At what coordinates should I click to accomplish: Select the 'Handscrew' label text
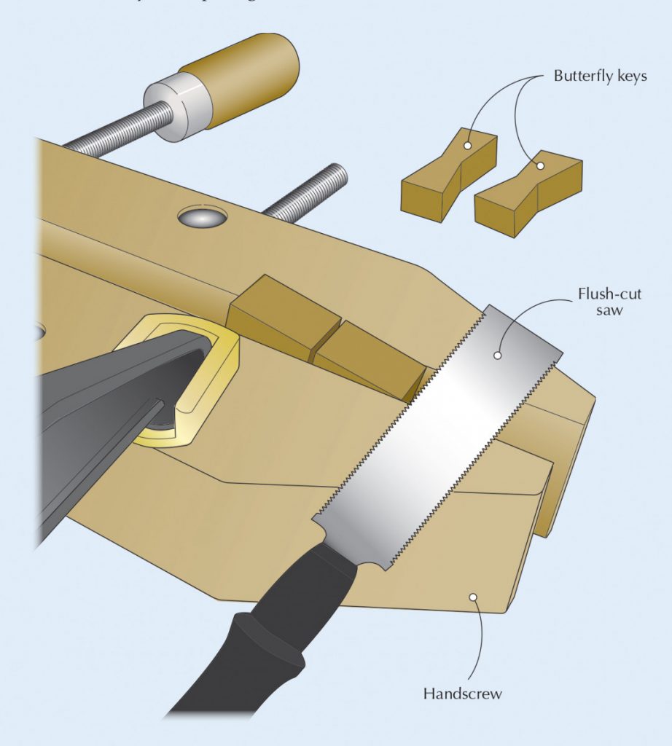click(x=462, y=694)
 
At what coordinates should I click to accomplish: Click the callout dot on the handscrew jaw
click(x=472, y=597)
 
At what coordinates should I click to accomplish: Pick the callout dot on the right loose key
click(x=541, y=166)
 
